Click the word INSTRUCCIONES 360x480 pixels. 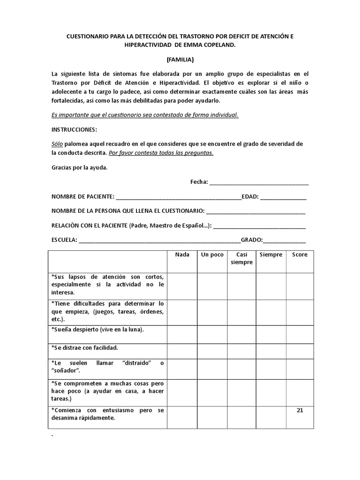[x=74, y=129]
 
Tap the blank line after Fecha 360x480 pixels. [x=259, y=182]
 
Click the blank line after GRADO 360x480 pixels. [x=284, y=240]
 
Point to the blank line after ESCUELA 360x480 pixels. [x=159, y=240]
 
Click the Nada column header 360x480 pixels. [x=182, y=255]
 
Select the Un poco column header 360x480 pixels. [x=212, y=255]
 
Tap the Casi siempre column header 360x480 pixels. [x=241, y=258]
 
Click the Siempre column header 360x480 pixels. [x=271, y=255]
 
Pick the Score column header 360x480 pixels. [x=300, y=255]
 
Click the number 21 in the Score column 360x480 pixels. [x=300, y=410]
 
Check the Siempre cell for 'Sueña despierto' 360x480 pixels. [x=271, y=334]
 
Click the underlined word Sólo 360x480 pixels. [x=57, y=143]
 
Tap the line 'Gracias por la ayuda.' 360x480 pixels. [x=79, y=167]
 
